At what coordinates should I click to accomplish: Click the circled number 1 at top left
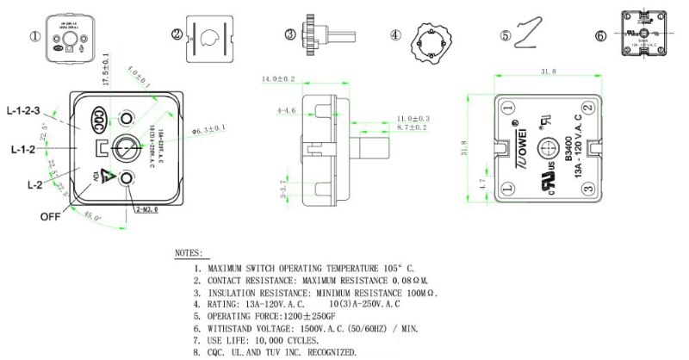(x=35, y=36)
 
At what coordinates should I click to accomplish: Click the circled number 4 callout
(x=395, y=35)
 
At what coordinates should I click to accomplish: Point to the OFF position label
(x=51, y=217)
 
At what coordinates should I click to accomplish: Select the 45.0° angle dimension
(x=91, y=219)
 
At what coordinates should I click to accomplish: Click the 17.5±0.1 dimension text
(x=106, y=71)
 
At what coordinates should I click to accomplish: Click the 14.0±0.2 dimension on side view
(x=279, y=79)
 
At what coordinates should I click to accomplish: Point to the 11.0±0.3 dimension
(x=413, y=117)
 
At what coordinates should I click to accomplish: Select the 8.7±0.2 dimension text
(x=413, y=127)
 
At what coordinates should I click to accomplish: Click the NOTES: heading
(x=189, y=255)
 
